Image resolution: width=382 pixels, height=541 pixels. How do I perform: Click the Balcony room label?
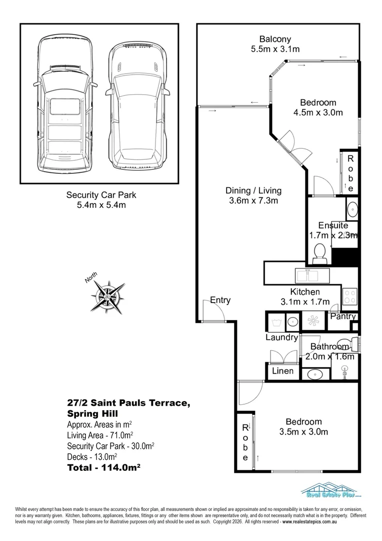(275, 40)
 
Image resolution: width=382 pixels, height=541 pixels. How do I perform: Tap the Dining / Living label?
(253, 190)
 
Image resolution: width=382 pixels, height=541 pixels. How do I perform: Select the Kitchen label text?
(305, 292)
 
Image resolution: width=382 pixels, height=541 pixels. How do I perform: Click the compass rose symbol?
(107, 297)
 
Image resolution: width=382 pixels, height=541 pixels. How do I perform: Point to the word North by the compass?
(91, 278)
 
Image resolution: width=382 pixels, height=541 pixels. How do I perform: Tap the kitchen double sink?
(312, 276)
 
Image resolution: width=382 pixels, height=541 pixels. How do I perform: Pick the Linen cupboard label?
(283, 371)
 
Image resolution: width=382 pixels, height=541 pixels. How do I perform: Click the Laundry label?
(281, 338)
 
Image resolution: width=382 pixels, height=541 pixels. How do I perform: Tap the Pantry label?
(343, 317)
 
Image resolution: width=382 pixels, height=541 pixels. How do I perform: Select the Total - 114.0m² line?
(103, 467)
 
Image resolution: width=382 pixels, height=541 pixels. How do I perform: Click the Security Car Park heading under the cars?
(101, 195)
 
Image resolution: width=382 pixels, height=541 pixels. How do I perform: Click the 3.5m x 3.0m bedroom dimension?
(303, 432)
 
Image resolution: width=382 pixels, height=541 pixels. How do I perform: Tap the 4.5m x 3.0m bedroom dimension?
(318, 113)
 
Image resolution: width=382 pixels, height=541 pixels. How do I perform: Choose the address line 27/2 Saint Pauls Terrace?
(128, 403)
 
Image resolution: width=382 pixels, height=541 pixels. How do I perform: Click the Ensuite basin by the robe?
(352, 209)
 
